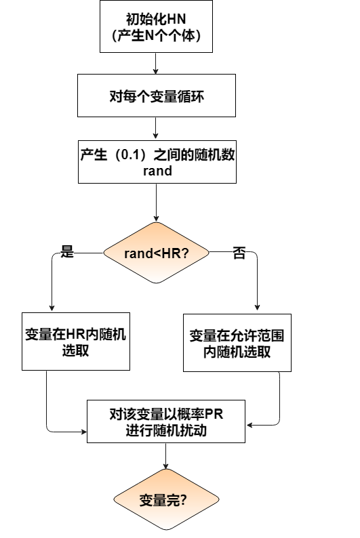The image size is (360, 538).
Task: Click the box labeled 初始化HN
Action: click(x=157, y=26)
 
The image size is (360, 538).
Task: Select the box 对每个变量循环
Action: click(x=157, y=96)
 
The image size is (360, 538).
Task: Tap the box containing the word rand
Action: click(x=157, y=162)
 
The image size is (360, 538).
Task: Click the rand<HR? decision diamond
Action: click(x=157, y=253)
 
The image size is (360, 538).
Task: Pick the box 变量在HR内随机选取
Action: click(x=75, y=342)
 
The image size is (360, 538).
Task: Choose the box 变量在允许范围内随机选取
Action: click(x=237, y=343)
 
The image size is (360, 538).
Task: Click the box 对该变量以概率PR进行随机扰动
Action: click(x=166, y=423)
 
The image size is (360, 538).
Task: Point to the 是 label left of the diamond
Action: click(x=66, y=252)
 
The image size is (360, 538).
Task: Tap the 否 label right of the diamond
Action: click(x=239, y=253)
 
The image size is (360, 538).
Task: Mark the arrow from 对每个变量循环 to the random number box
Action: click(x=157, y=127)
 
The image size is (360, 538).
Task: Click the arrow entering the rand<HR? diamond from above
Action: click(x=157, y=203)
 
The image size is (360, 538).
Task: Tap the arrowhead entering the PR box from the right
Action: click(x=249, y=426)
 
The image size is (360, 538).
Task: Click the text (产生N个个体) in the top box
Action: click(x=157, y=35)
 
